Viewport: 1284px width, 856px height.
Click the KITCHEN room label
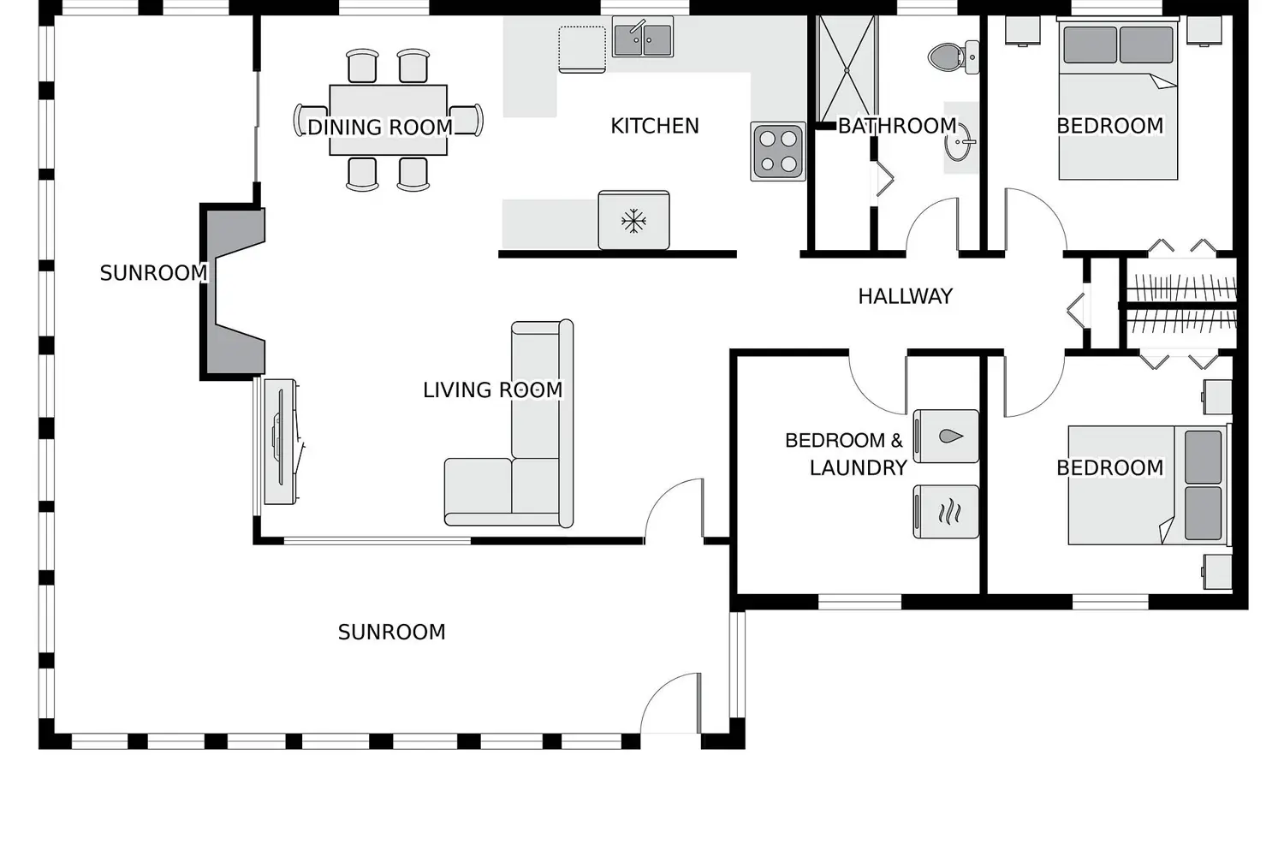tap(655, 126)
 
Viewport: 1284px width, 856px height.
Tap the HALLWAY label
tap(905, 296)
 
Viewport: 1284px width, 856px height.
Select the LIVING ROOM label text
tap(493, 389)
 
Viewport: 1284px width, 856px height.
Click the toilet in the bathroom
tap(954, 56)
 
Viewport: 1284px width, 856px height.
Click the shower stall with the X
tap(847, 70)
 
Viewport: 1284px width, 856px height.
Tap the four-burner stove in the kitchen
tap(778, 152)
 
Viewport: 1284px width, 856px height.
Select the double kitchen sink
tap(643, 37)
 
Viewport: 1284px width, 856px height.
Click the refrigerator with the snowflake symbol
tap(633, 220)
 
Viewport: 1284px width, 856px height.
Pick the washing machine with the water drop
tap(946, 437)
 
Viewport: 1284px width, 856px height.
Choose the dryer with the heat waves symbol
tap(946, 512)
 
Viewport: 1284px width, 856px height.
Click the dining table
tap(388, 120)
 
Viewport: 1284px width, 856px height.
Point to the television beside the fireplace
tap(280, 442)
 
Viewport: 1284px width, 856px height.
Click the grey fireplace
tap(235, 291)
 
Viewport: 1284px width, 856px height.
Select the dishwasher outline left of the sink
tap(582, 50)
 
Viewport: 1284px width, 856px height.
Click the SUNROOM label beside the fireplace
tap(153, 273)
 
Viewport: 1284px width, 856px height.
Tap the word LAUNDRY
tap(858, 468)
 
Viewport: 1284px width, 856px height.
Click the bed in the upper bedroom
tap(1118, 100)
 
